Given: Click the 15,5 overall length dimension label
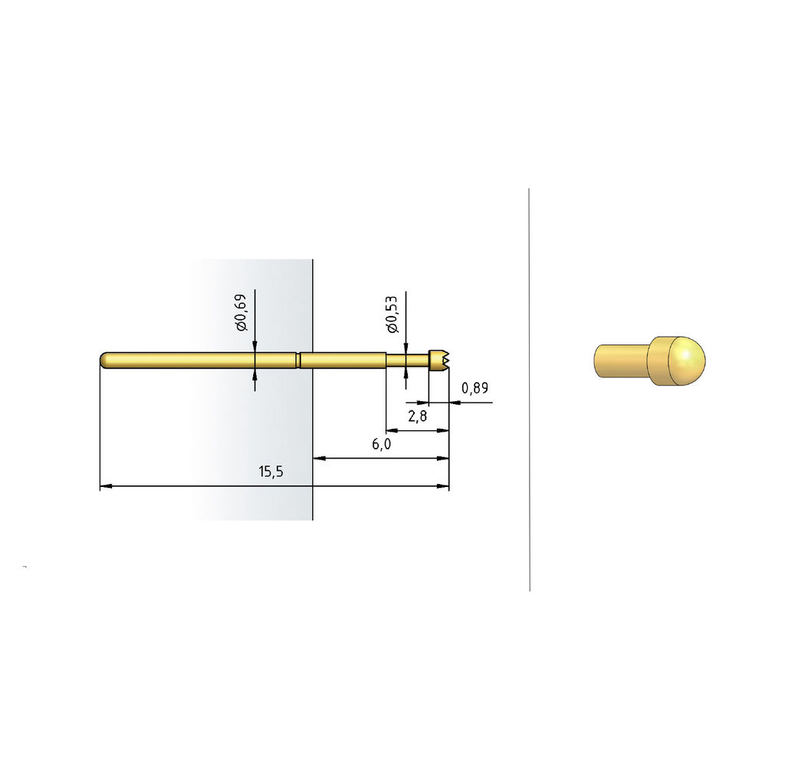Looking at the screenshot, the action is [x=271, y=472].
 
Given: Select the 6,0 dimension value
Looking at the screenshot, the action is [x=382, y=444].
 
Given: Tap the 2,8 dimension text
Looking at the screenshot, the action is [x=418, y=416].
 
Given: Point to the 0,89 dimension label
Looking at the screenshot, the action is [x=475, y=388].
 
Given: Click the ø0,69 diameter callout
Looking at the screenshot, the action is [x=241, y=313].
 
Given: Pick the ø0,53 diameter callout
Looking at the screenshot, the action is [x=392, y=314].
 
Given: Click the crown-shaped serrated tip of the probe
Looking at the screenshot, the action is [x=439, y=360].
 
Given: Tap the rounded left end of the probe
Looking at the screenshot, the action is [x=104, y=360].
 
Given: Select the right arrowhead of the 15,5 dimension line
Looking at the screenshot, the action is [x=443, y=486].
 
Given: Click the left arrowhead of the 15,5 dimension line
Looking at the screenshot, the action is [x=106, y=486].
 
